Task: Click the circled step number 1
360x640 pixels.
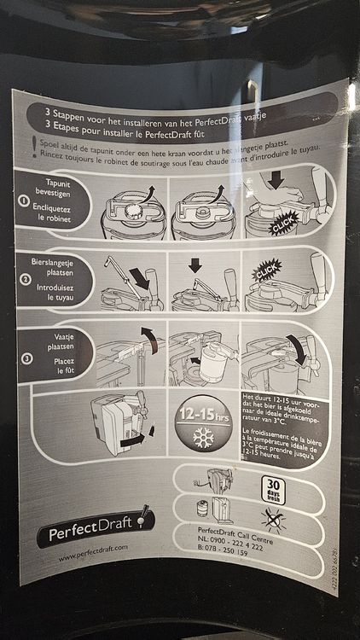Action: coord(26,201)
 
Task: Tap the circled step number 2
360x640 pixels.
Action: coord(26,278)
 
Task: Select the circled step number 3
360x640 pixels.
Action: coord(26,358)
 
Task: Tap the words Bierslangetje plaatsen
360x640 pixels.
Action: coord(58,265)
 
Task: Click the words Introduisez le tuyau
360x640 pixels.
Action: coord(58,290)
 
